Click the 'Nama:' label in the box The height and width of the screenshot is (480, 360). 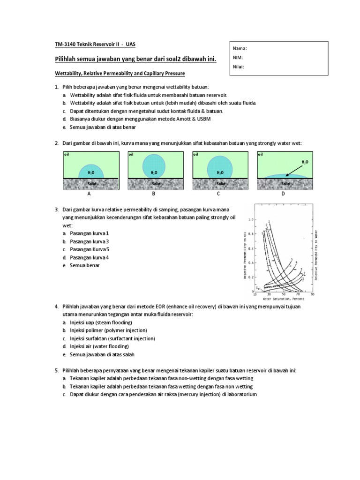coord(240,48)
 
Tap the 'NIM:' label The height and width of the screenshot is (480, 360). coord(239,57)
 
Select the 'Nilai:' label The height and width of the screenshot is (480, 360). coord(239,66)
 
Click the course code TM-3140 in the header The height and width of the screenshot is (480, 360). coord(65,44)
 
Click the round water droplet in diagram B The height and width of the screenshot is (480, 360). coord(154,165)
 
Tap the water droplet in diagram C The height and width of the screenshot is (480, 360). coord(220,167)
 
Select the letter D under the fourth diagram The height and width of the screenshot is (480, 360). coord(283,193)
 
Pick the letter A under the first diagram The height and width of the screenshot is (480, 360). coord(89,193)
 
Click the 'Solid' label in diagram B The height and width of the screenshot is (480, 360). coord(154,184)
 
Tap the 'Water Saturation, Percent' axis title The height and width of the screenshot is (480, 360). coord(284,298)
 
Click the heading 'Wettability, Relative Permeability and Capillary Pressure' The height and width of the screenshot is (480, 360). coord(120,74)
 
